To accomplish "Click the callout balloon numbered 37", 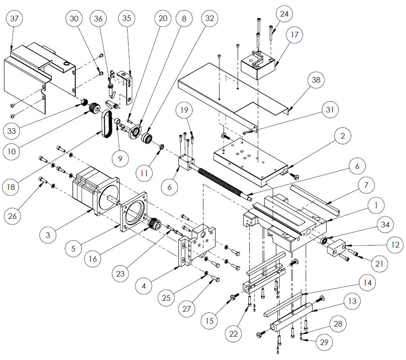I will [16, 19].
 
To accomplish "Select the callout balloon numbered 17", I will [294, 35].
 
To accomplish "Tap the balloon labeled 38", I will [316, 80].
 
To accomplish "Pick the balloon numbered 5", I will [73, 248].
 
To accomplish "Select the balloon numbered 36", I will [99, 19].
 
